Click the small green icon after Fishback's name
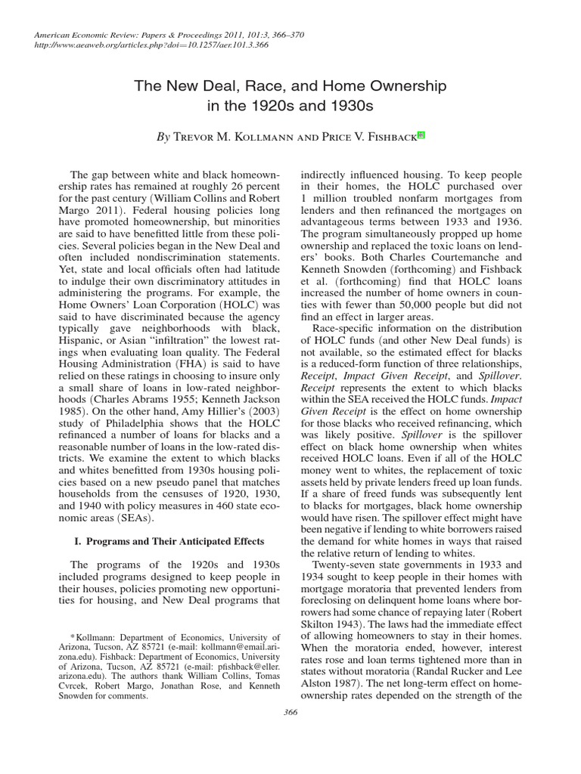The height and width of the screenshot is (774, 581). [x=421, y=136]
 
